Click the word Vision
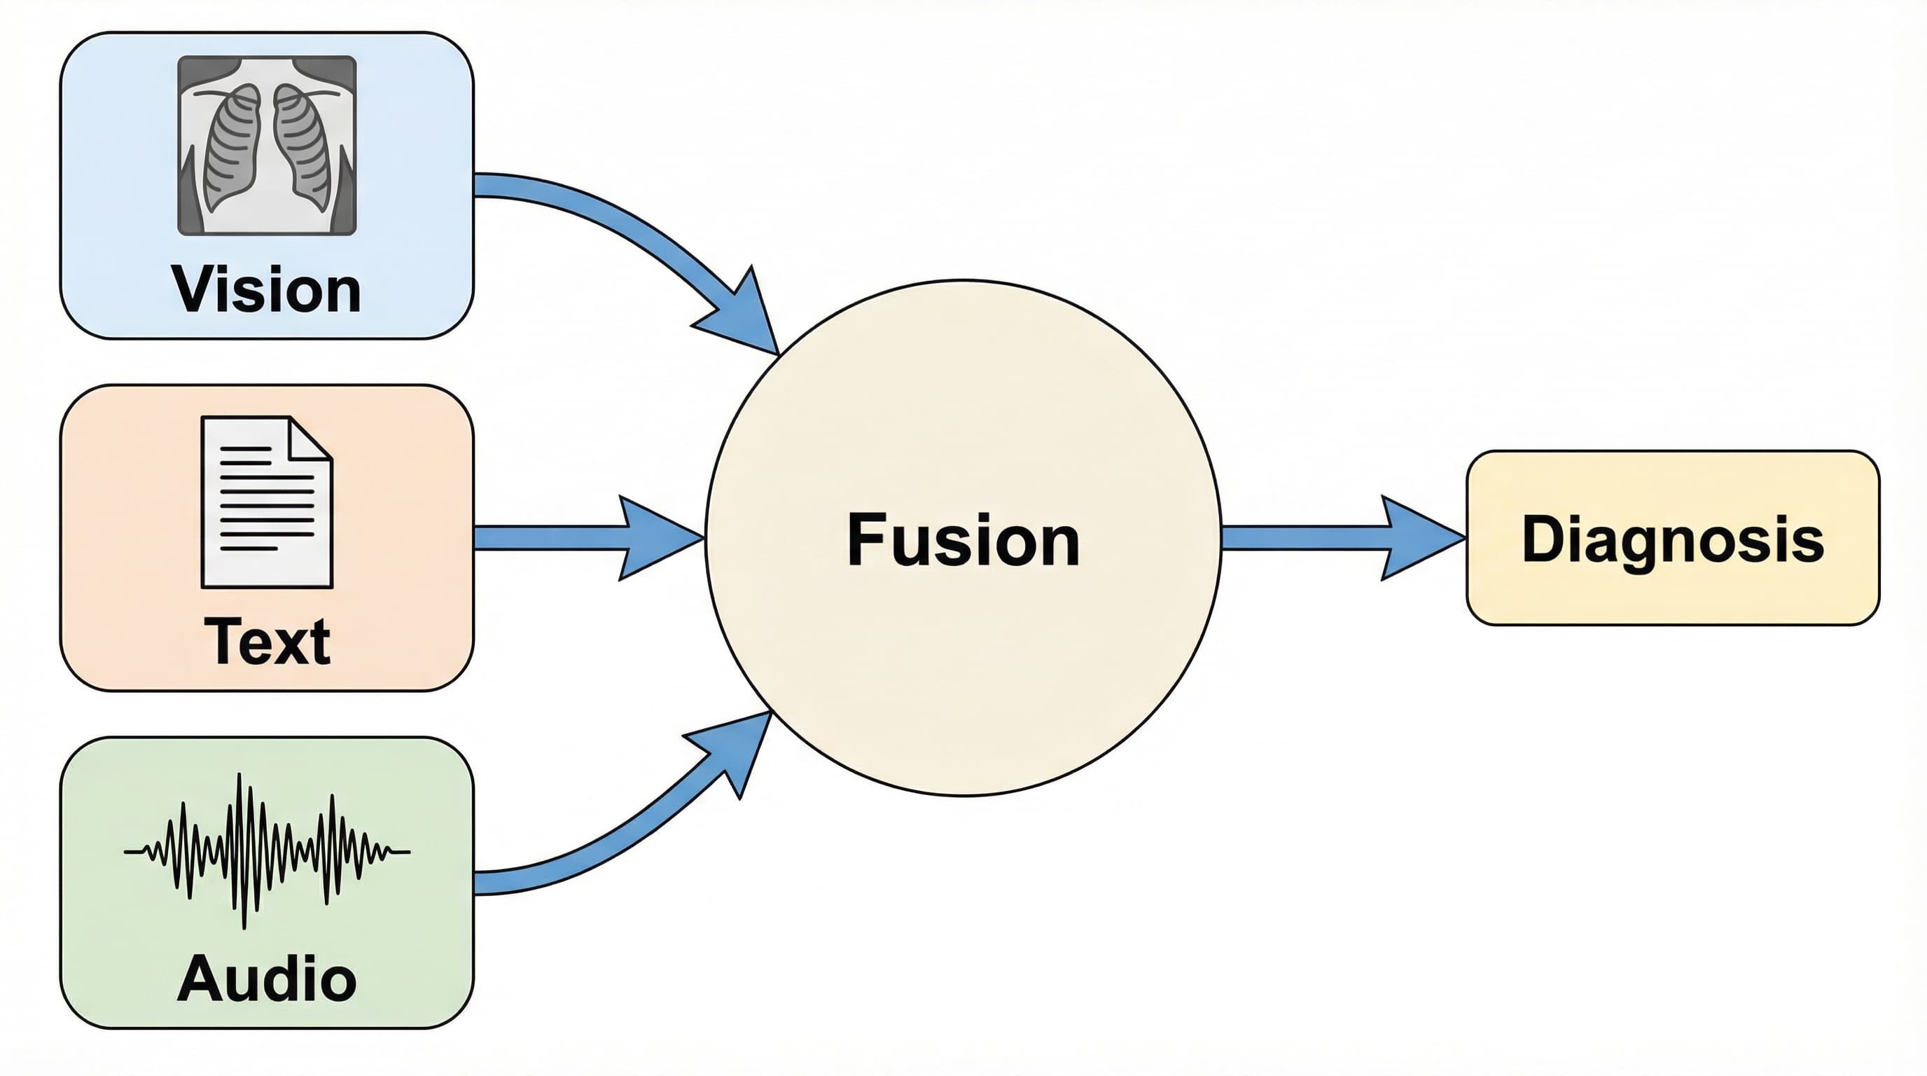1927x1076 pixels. point(266,289)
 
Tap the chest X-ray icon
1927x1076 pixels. point(267,145)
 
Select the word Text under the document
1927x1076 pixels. point(267,641)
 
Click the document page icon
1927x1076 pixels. point(267,502)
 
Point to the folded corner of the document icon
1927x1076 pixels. point(310,438)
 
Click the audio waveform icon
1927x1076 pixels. point(267,850)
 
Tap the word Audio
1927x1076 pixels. point(267,979)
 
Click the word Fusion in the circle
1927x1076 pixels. point(963,539)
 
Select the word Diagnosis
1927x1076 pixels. point(1674,539)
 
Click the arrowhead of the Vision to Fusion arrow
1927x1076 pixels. point(744,315)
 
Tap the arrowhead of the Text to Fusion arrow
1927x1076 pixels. point(658,537)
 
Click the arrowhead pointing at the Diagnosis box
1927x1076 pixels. point(1420,537)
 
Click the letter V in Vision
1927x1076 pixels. point(195,289)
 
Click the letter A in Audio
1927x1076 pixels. point(201,977)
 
